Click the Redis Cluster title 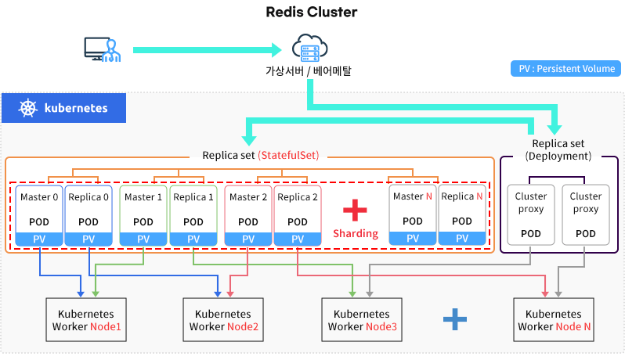pyautogui.click(x=312, y=12)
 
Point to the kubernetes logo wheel pyautogui.click(x=28, y=108)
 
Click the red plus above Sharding pyautogui.click(x=355, y=209)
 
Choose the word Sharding pyautogui.click(x=356, y=233)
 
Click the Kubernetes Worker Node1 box pyautogui.click(x=87, y=319)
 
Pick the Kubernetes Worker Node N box pyautogui.click(x=553, y=319)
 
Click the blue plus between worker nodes pyautogui.click(x=454, y=318)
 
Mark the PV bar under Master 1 pyautogui.click(x=143, y=239)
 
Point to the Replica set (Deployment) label pyautogui.click(x=561, y=149)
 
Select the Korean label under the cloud pyautogui.click(x=308, y=71)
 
